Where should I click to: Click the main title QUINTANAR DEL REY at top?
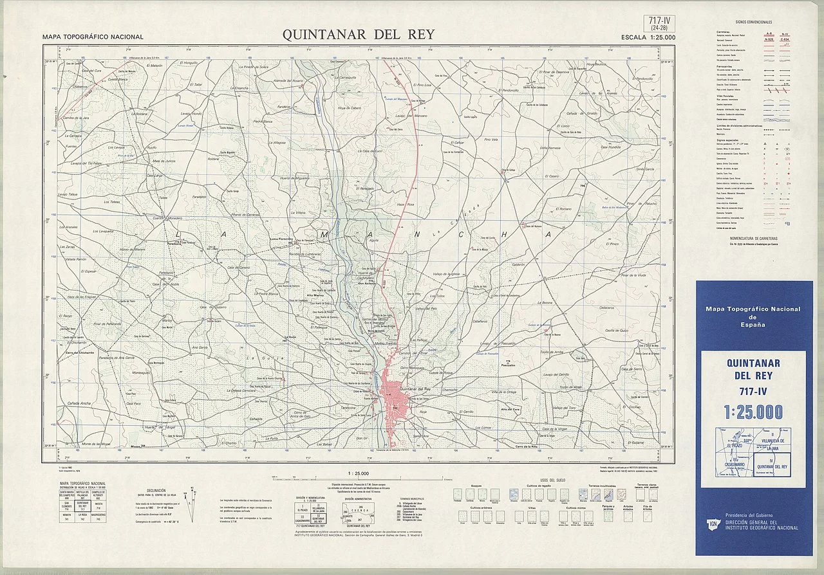(359, 35)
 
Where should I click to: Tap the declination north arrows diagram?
(191, 501)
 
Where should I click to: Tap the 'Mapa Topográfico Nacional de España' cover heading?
(753, 316)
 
